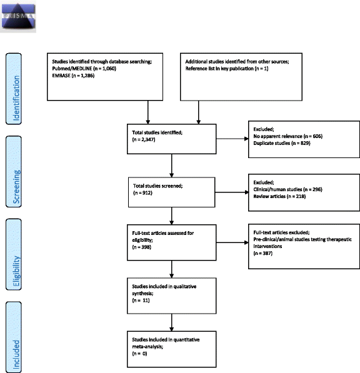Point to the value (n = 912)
pyautogui.click(x=140, y=192)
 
